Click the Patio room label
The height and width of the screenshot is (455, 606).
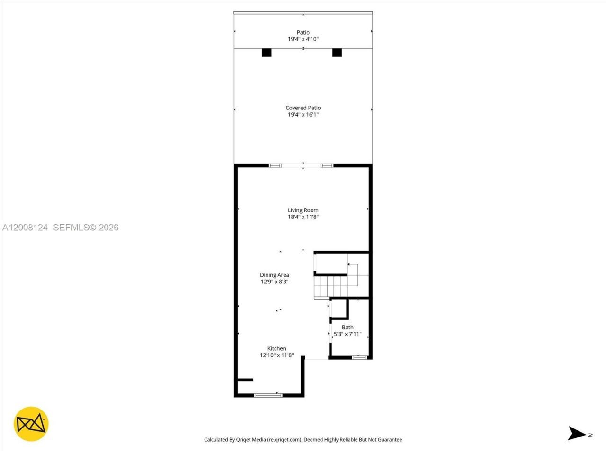tap(303, 33)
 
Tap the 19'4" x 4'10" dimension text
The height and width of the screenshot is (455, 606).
tap(303, 39)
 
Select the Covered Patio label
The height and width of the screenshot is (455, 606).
tap(303, 108)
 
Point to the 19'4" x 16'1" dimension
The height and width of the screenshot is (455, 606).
tap(303, 115)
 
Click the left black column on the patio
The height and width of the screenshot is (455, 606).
tap(267, 53)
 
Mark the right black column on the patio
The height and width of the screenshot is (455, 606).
tap(337, 53)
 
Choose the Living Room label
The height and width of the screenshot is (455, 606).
tap(303, 210)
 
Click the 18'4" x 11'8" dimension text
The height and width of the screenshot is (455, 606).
tap(303, 217)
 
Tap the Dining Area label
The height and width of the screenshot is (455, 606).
tap(275, 275)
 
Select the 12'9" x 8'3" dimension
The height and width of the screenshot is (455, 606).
tap(275, 282)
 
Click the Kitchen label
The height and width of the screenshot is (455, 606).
tap(276, 348)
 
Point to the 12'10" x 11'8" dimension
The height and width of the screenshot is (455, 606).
tap(276, 355)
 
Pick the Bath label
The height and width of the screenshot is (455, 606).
tap(348, 327)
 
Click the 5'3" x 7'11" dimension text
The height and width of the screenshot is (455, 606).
tap(348, 334)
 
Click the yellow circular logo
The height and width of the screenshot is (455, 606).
tap(31, 424)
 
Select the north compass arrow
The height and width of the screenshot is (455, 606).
tap(577, 433)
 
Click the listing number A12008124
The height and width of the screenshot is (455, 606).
tap(25, 227)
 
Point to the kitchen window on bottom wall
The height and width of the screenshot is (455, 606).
tap(268, 395)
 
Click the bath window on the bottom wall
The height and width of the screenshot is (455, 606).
tap(359, 357)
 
